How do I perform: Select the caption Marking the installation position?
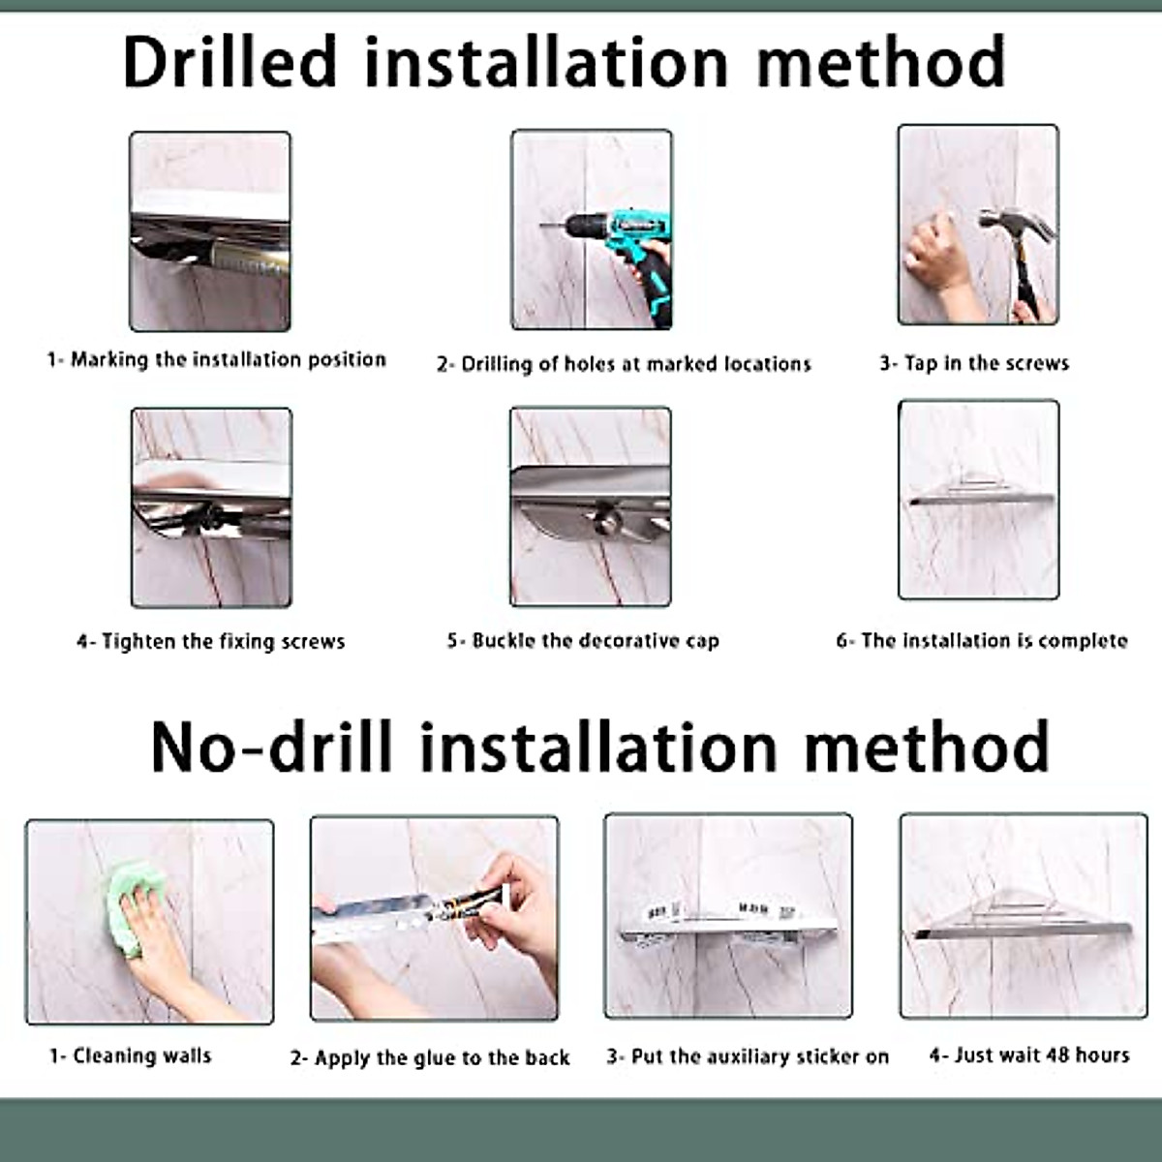[x=217, y=360]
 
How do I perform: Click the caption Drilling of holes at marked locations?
[x=625, y=364]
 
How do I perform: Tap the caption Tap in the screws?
[x=974, y=363]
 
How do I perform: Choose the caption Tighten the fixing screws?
[x=211, y=641]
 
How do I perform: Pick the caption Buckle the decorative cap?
[x=583, y=640]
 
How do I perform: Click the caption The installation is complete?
[x=982, y=640]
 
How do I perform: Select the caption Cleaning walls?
[x=131, y=1055]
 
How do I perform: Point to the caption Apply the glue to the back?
[x=430, y=1057]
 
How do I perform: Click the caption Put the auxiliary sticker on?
[x=748, y=1056]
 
